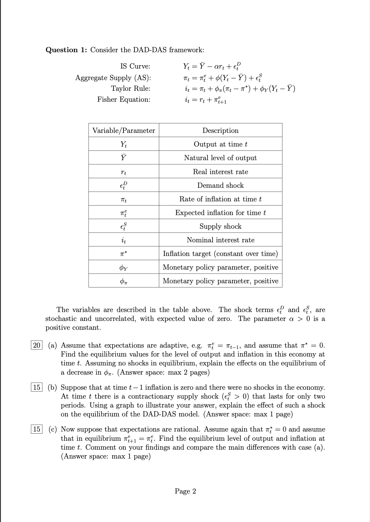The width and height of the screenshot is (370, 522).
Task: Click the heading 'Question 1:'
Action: coord(66,50)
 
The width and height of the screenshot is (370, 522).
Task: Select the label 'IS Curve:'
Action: coord(135,66)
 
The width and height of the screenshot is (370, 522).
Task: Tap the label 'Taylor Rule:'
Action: coord(130,88)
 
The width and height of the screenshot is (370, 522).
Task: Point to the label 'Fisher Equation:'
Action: coord(124,99)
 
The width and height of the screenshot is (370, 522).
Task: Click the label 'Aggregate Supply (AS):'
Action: coord(113,78)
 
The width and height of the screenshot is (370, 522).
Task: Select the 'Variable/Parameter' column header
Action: coord(124,130)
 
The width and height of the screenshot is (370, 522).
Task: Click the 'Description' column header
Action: coord(220,130)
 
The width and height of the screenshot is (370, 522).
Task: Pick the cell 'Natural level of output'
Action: coord(220,158)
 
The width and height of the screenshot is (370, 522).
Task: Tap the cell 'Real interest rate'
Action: coord(220,172)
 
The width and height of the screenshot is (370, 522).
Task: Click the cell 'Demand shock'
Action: coord(220,185)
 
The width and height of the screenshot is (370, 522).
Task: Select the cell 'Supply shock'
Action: coord(220,226)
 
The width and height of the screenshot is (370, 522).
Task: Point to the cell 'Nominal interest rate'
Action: coord(220,240)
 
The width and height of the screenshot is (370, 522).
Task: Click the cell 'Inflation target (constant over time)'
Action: coord(220,254)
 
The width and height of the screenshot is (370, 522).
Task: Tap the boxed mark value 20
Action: coord(36,345)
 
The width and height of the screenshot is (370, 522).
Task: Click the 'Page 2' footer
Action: coord(185,491)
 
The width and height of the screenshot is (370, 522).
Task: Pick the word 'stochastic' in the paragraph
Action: coord(60,319)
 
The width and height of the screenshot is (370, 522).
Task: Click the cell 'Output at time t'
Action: coord(220,144)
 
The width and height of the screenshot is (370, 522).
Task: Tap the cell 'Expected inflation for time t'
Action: coord(220,213)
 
